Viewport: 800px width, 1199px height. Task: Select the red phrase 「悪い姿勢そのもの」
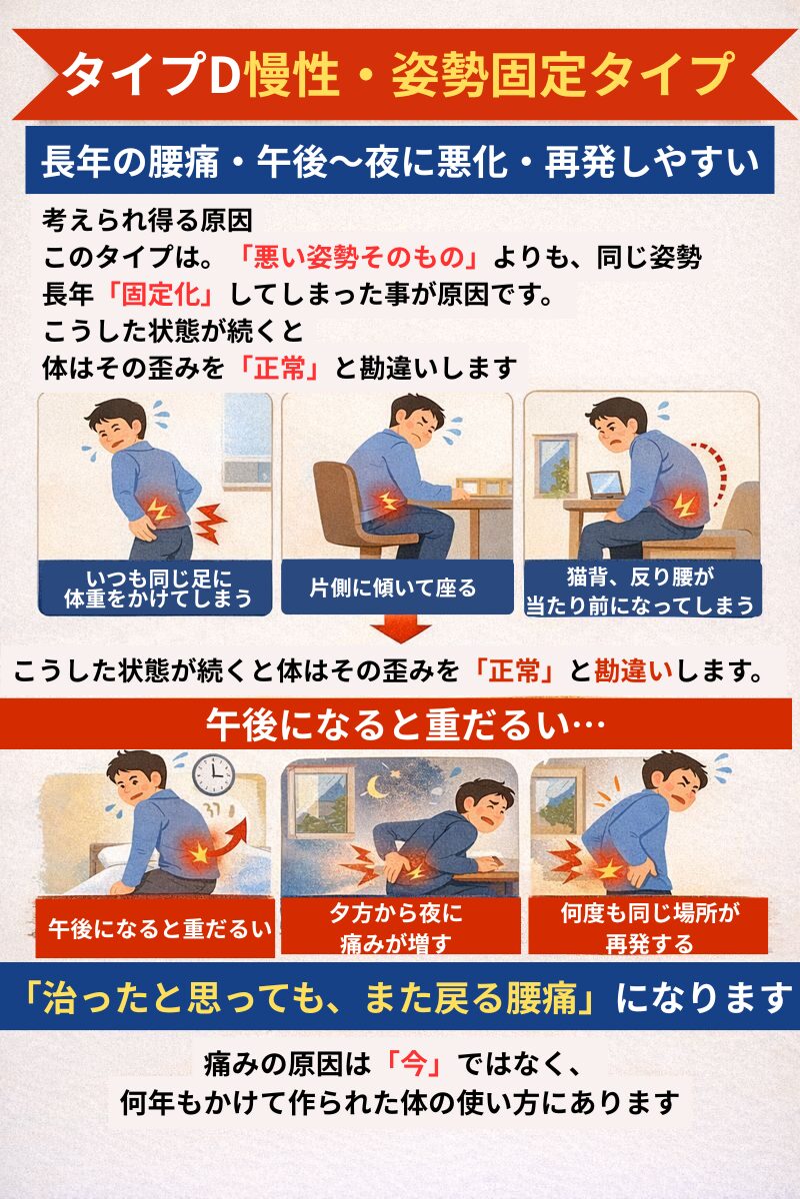[x=360, y=258]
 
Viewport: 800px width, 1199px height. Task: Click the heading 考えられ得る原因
[x=147, y=220]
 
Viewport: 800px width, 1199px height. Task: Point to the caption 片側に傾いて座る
[x=393, y=589]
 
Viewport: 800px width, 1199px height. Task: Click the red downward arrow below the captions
[x=400, y=627]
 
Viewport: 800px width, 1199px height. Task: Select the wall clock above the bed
[x=213, y=774]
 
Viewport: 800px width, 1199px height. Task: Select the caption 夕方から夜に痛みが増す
[x=397, y=928]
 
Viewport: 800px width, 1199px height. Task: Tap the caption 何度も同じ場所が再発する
[x=649, y=928]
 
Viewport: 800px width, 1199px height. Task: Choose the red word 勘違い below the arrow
[x=633, y=670]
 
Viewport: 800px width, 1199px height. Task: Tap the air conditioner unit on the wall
[x=247, y=472]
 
